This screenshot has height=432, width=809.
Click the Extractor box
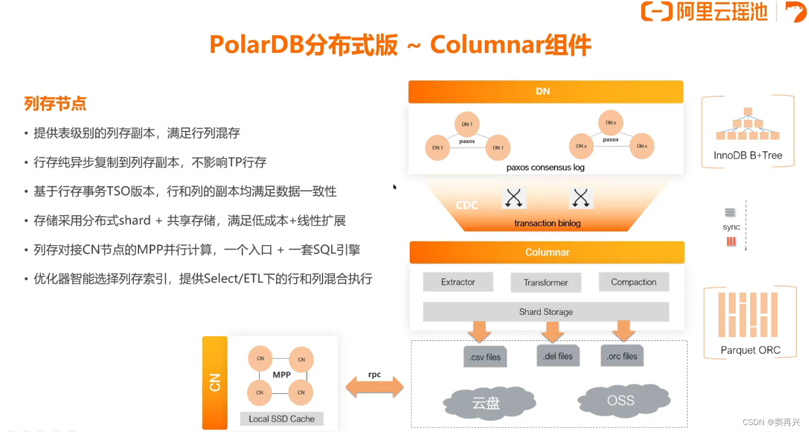(458, 282)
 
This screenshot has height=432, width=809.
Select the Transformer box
(545, 283)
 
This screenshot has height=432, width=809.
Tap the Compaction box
(633, 282)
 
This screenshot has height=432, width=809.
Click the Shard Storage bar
(545, 312)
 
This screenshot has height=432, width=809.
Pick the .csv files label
(485, 357)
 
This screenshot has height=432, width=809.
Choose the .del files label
(557, 356)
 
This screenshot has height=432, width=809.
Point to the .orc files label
(622, 356)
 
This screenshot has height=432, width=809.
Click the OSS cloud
(620, 400)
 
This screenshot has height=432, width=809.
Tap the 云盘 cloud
(485, 403)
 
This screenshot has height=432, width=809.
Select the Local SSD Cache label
(282, 419)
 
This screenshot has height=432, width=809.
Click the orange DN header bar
(545, 92)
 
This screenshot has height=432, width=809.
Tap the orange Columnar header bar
(546, 253)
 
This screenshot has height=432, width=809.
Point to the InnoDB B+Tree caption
(748, 155)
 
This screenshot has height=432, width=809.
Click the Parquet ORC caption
(750, 350)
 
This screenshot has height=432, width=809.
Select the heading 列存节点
(55, 104)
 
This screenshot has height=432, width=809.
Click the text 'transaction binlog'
(547, 223)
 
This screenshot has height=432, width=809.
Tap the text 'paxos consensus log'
(545, 167)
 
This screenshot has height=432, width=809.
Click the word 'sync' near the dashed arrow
(731, 227)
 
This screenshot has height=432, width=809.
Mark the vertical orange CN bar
(215, 382)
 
